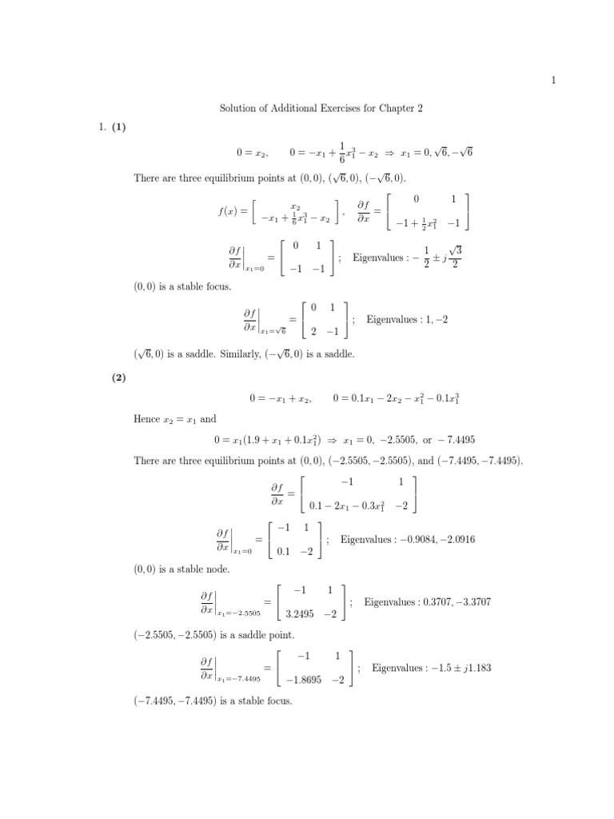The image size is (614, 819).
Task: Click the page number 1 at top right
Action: pos(553,79)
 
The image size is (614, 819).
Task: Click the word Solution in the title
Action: pos(238,108)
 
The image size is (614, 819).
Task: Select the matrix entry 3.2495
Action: pos(301,614)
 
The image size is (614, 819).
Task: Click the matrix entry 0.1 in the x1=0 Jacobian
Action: pos(283,551)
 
